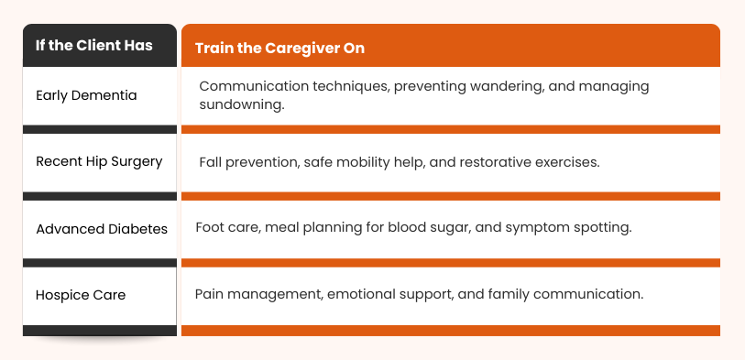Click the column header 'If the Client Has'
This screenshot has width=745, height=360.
[93, 46]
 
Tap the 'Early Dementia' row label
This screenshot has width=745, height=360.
[86, 95]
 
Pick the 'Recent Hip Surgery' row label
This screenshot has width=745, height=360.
[99, 161]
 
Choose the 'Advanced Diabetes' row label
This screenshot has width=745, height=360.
[102, 228]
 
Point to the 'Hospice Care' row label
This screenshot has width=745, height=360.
[81, 295]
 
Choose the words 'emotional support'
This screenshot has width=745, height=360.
[382, 294]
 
